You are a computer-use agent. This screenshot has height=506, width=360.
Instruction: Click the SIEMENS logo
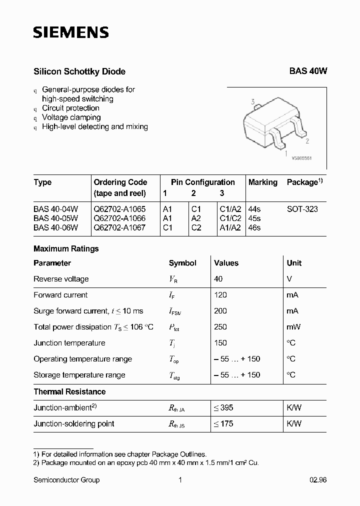pos(70,33)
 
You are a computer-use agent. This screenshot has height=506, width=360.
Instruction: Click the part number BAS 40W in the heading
pos(308,71)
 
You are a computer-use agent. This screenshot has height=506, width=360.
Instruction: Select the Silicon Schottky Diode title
pos(79,71)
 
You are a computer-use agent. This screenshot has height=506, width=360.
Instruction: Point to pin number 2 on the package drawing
pos(307,141)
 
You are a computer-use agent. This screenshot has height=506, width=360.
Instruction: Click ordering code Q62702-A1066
pos(119,218)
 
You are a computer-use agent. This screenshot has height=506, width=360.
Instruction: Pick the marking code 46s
pos(254,227)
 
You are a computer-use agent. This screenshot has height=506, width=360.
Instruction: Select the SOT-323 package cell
pos(302,209)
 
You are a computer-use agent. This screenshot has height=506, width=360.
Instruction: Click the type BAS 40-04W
pos(56,209)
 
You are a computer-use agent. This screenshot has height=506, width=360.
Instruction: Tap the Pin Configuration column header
pos(202,182)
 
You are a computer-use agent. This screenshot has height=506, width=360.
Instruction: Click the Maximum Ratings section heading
pos(66,248)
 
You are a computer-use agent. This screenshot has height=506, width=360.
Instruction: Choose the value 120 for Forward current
pos(220,295)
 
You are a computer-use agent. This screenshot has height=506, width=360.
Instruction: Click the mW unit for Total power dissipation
pos(293,327)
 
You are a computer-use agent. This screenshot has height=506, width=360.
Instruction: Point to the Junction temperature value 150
pos(220,343)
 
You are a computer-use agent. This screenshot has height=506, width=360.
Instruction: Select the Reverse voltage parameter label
pos(61,279)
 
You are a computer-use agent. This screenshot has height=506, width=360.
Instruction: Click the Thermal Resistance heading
pos(69,391)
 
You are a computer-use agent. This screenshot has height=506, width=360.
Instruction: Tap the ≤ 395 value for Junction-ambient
pos(223,407)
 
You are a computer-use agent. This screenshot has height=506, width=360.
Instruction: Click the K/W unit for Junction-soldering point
pos(294,423)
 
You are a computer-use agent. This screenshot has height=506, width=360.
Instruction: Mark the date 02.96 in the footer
pos(318,480)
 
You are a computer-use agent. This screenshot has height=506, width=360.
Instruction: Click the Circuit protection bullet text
pos(70,108)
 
